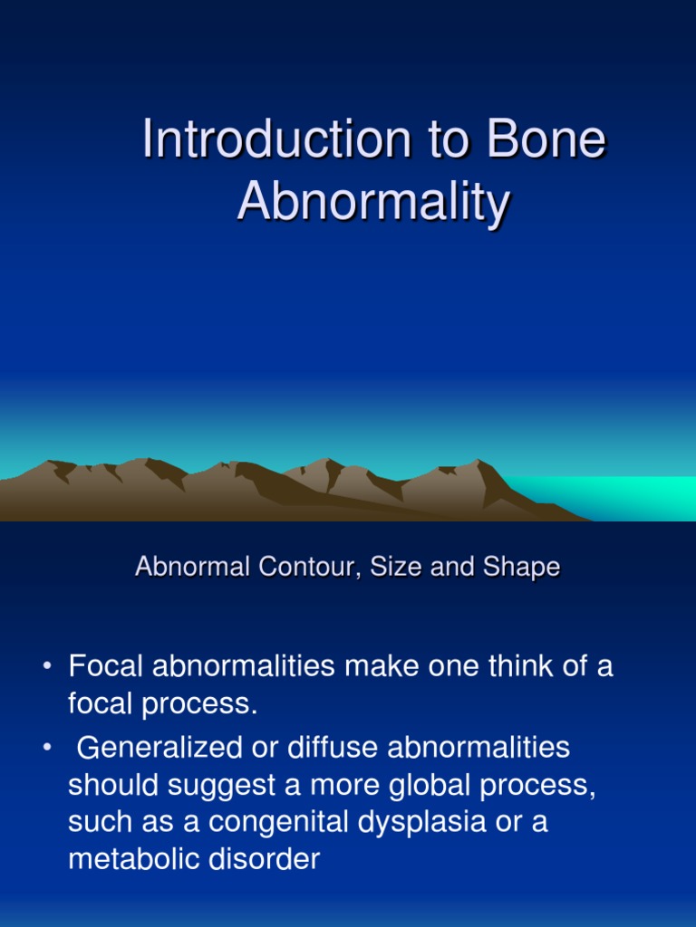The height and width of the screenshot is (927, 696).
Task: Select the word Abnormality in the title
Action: click(x=373, y=203)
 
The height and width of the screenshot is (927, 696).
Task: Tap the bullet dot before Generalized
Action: click(x=46, y=749)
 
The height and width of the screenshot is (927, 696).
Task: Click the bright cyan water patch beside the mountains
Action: click(x=616, y=496)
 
